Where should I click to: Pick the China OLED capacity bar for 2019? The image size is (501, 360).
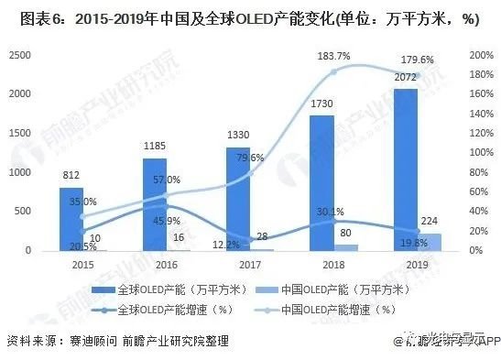(x=429, y=242)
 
